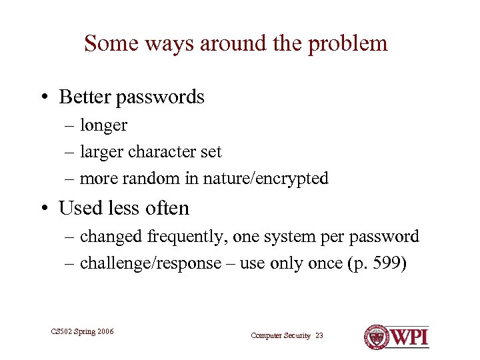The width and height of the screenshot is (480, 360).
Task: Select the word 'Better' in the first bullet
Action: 85,97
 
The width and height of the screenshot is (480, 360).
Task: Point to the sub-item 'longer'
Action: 103,125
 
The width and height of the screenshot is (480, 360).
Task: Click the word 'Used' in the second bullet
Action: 79,208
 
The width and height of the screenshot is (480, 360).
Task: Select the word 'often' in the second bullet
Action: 169,208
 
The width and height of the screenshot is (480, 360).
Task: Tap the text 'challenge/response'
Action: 150,263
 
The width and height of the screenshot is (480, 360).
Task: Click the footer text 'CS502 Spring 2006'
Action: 82,331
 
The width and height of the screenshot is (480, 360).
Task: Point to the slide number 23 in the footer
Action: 319,335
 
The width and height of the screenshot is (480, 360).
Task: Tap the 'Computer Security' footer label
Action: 281,335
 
